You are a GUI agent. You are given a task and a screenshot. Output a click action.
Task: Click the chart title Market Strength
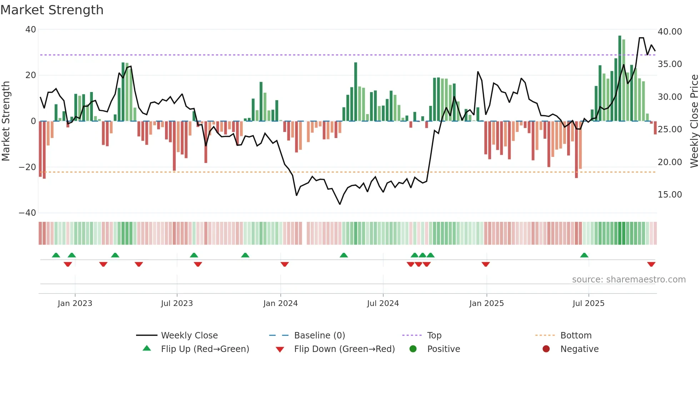click(52, 10)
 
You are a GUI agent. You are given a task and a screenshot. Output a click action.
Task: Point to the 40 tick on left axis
click(31, 30)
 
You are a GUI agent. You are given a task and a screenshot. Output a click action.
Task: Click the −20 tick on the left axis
click(27, 167)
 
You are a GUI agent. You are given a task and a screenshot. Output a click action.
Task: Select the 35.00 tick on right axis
click(670, 64)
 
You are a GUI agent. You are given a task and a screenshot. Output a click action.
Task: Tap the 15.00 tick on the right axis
click(670, 195)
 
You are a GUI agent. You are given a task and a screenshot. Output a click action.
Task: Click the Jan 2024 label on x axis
click(280, 303)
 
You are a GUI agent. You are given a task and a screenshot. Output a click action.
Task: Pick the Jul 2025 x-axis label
click(588, 303)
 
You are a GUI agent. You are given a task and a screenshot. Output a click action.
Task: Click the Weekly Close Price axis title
click(694, 121)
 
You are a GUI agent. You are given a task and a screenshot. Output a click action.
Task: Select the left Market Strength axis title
click(6, 121)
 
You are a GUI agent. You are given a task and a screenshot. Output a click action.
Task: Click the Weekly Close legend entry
click(189, 336)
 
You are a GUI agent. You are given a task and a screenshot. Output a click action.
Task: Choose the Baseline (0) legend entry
click(319, 336)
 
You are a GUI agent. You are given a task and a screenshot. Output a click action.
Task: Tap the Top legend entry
click(434, 336)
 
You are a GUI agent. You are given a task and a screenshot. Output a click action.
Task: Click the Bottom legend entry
click(576, 336)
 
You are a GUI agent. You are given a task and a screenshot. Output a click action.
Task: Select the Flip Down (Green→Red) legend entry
click(344, 349)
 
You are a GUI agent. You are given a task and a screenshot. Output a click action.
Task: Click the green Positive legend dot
click(413, 349)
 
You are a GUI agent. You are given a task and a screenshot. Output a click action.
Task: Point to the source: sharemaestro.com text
click(629, 280)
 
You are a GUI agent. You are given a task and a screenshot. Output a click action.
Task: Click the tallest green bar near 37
click(620, 78)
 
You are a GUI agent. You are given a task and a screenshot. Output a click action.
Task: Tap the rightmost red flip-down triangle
click(651, 264)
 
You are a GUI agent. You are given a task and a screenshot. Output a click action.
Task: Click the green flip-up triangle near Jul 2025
click(584, 255)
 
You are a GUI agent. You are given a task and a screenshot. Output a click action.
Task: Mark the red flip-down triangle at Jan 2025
click(485, 264)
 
